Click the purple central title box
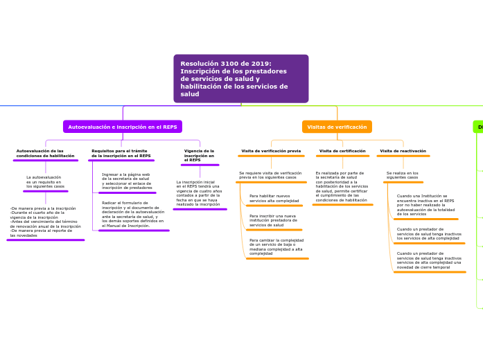click(240, 78)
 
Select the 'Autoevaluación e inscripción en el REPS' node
click(123, 127)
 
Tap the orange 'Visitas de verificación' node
click(337, 127)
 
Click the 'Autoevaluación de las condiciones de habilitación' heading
click(46, 153)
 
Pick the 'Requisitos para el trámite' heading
click(121, 153)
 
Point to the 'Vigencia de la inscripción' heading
click(200, 155)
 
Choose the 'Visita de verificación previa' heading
click(271, 151)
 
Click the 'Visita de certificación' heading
click(342, 151)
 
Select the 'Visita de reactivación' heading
click(403, 151)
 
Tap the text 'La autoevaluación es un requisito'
click(45, 182)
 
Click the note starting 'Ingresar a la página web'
click(127, 181)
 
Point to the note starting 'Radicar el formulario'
click(133, 214)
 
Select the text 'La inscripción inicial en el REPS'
click(199, 193)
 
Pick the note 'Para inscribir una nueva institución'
click(273, 220)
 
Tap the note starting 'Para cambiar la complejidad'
click(276, 247)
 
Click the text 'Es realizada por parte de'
click(342, 186)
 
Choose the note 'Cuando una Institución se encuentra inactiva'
click(425, 205)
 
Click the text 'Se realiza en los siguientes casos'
click(403, 176)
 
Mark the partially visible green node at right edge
click(478, 127)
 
